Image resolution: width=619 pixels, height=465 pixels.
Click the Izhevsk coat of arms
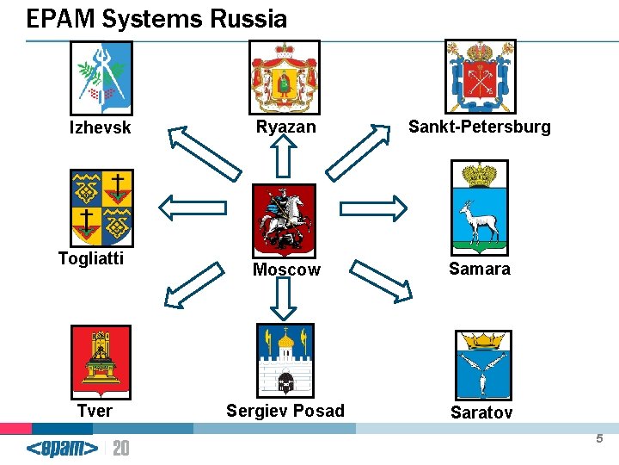click(x=101, y=77)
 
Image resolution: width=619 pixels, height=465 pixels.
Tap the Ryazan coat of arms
click(x=284, y=77)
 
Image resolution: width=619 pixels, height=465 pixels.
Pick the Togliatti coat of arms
click(x=101, y=208)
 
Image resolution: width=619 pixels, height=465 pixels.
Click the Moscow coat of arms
click(x=285, y=220)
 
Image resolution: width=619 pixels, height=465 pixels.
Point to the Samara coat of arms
click(x=480, y=206)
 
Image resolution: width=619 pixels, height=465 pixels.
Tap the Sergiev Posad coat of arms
click(x=285, y=360)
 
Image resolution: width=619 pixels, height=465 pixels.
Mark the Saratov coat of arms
click(x=481, y=364)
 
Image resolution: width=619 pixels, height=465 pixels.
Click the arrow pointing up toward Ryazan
click(x=285, y=157)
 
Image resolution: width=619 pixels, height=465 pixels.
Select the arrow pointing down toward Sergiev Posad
click(x=285, y=297)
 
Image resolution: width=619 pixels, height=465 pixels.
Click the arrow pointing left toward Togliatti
click(x=193, y=208)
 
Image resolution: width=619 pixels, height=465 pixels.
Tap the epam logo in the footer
click(x=62, y=449)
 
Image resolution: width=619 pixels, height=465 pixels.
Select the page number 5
click(x=599, y=439)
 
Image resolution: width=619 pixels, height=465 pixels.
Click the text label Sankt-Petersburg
click(x=479, y=127)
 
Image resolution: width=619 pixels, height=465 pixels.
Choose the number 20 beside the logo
click(x=121, y=449)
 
